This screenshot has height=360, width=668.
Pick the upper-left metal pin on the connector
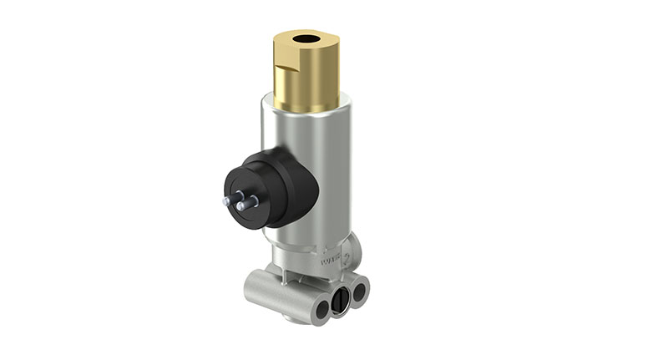point(226,200)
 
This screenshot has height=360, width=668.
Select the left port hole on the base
point(320,311)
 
